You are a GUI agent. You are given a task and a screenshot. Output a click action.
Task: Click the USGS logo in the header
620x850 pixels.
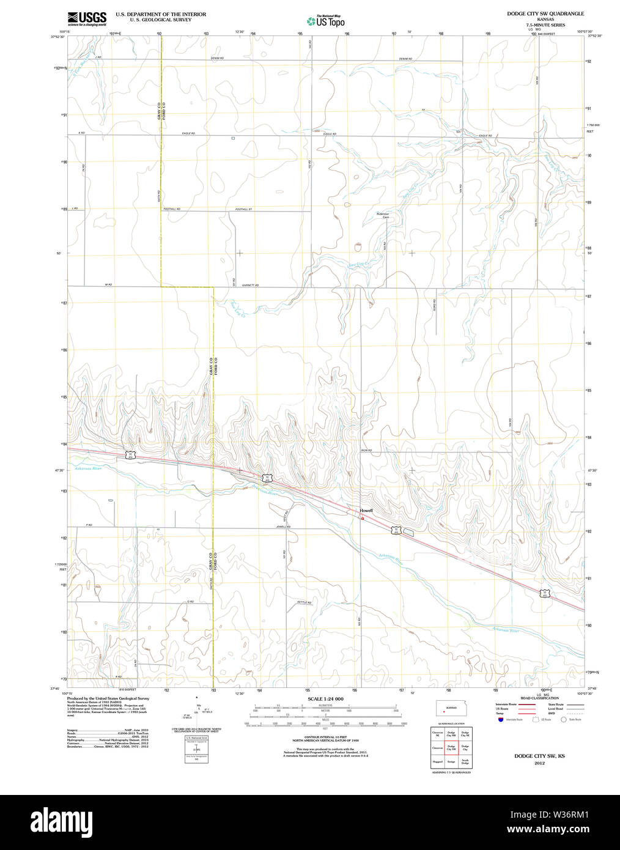point(86,18)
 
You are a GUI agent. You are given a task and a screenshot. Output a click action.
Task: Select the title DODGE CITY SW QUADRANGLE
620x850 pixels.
point(545,13)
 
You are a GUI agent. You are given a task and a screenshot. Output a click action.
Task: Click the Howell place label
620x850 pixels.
point(366,511)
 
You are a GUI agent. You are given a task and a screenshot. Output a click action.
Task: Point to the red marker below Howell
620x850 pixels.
point(363,519)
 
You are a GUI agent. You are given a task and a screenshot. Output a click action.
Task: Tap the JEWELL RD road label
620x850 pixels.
point(283,527)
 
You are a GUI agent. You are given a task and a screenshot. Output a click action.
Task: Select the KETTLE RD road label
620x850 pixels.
point(304,602)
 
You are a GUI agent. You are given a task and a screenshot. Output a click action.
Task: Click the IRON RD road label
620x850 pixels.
point(366,451)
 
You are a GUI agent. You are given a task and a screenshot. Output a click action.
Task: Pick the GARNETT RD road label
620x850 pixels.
point(250,285)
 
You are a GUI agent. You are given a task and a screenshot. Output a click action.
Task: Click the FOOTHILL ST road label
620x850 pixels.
point(243,209)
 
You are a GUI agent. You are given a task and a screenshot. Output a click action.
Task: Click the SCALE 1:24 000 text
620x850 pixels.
point(325,699)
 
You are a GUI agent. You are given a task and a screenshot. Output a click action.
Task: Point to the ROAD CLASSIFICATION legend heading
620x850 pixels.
point(539,698)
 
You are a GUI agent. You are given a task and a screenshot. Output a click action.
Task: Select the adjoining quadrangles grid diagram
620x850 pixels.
point(451,747)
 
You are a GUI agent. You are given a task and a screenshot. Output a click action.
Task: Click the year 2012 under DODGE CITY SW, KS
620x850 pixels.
point(539,763)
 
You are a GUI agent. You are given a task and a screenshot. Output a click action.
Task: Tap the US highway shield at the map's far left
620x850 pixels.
point(130,454)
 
